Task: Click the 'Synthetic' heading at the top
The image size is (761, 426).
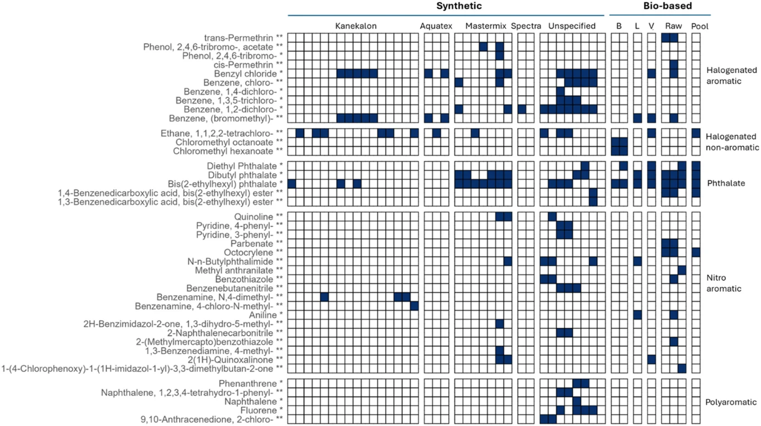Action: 458,6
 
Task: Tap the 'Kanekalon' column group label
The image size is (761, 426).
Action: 355,26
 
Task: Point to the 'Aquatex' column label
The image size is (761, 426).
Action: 436,26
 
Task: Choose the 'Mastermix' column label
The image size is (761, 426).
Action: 482,26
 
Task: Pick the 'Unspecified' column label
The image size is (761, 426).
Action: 572,26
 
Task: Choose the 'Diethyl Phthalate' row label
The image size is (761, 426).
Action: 252,165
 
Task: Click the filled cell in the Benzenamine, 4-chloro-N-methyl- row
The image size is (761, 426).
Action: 414,306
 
